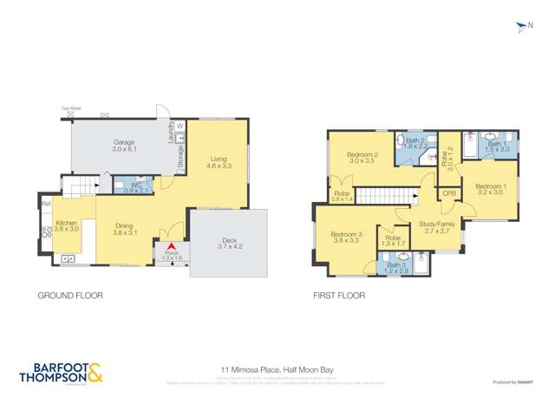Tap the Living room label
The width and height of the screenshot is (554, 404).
(x=218, y=161)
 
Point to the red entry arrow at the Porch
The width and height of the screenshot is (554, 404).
(x=172, y=250)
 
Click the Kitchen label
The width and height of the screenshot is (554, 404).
(x=67, y=225)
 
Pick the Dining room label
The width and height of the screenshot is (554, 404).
(x=125, y=230)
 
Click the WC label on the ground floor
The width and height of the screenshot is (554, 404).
(x=137, y=186)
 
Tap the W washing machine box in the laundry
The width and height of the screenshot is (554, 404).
(x=179, y=127)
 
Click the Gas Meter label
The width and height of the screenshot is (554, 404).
(x=70, y=109)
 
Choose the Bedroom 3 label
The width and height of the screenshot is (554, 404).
(x=345, y=237)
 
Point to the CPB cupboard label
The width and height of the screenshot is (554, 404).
(x=449, y=193)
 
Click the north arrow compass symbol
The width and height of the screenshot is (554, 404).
(x=522, y=27)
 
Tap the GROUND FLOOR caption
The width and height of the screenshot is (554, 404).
(x=70, y=296)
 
